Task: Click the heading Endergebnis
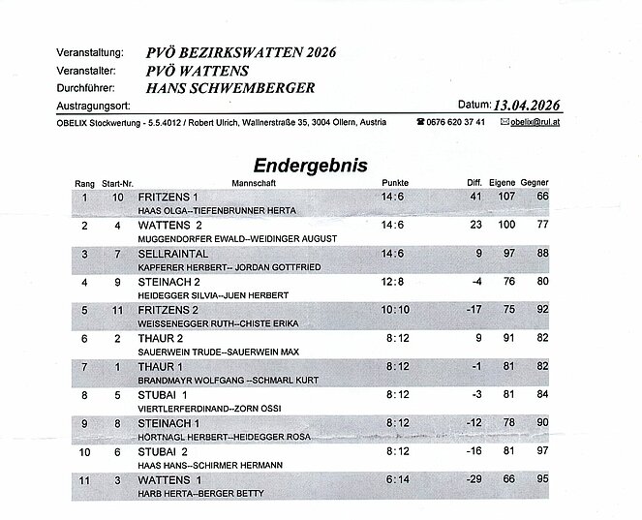[311, 165]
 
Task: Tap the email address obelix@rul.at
[539, 123]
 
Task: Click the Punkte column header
[395, 182]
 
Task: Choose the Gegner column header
[535, 182]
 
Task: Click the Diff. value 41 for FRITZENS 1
[475, 197]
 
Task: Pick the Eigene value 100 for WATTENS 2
[506, 226]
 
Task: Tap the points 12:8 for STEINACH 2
[394, 282]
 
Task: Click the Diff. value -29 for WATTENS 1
[473, 480]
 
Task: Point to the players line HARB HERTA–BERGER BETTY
[190, 495]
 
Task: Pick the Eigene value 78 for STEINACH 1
[508, 423]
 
